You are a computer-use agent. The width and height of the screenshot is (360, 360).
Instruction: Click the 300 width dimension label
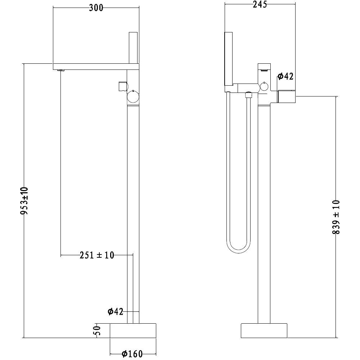96,8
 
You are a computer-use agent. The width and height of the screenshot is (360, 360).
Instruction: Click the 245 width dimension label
260,4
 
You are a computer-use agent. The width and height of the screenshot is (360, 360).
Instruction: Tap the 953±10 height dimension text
24,201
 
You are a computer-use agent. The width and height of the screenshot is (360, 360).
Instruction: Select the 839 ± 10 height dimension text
336,217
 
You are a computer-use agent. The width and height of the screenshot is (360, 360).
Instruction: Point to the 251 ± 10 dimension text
97,255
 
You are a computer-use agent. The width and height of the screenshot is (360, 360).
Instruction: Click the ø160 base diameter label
132,354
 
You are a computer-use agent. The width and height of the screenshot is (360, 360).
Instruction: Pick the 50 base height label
98,330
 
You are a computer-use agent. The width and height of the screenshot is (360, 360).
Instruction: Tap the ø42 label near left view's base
116,311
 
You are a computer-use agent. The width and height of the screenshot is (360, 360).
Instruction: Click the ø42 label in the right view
285,76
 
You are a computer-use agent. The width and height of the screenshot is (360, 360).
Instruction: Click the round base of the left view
133,330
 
